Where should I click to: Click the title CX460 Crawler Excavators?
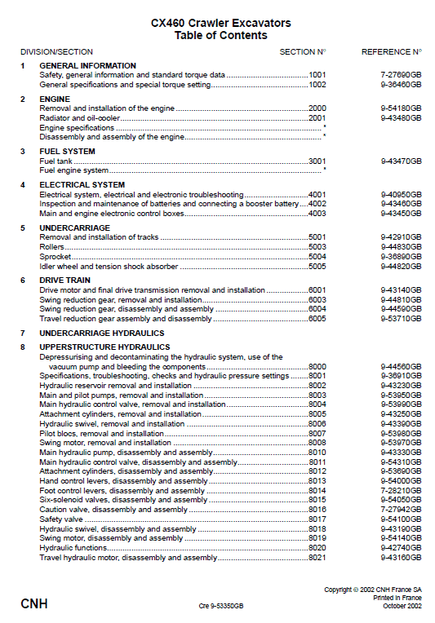[x=220, y=24]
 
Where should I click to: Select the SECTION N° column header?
[x=302, y=51]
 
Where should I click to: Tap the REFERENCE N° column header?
[x=392, y=51]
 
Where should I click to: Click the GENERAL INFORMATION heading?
[x=87, y=65]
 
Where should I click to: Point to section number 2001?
[x=317, y=117]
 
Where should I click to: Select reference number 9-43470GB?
[x=401, y=161]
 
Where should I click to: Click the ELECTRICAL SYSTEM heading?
[x=82, y=185]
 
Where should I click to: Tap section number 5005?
[x=317, y=267]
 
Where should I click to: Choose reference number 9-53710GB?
[x=401, y=319]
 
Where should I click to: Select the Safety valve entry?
[x=61, y=519]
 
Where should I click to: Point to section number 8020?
[x=317, y=548]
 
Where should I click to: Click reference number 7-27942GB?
[x=401, y=509]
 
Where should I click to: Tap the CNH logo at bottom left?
[x=33, y=604]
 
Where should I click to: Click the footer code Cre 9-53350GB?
[x=220, y=607]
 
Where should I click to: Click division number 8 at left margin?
[x=23, y=347]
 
